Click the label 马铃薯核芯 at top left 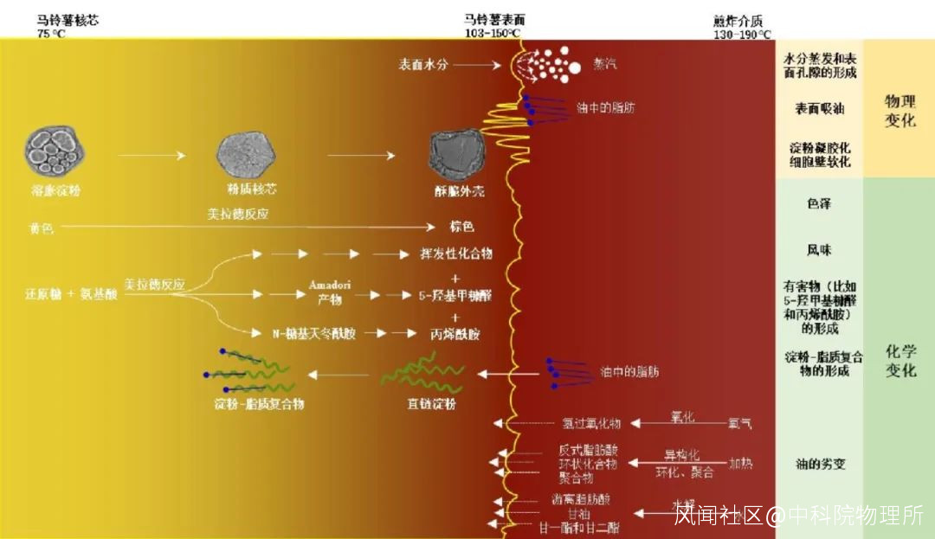(68, 20)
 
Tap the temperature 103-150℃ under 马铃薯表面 (492, 34)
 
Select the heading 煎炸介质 (738, 21)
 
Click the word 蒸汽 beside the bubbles (605, 64)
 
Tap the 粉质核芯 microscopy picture (245, 157)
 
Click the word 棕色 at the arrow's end (461, 228)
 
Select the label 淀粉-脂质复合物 (259, 404)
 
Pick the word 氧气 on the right (740, 424)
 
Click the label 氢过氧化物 (591, 424)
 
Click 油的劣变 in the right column (820, 464)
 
